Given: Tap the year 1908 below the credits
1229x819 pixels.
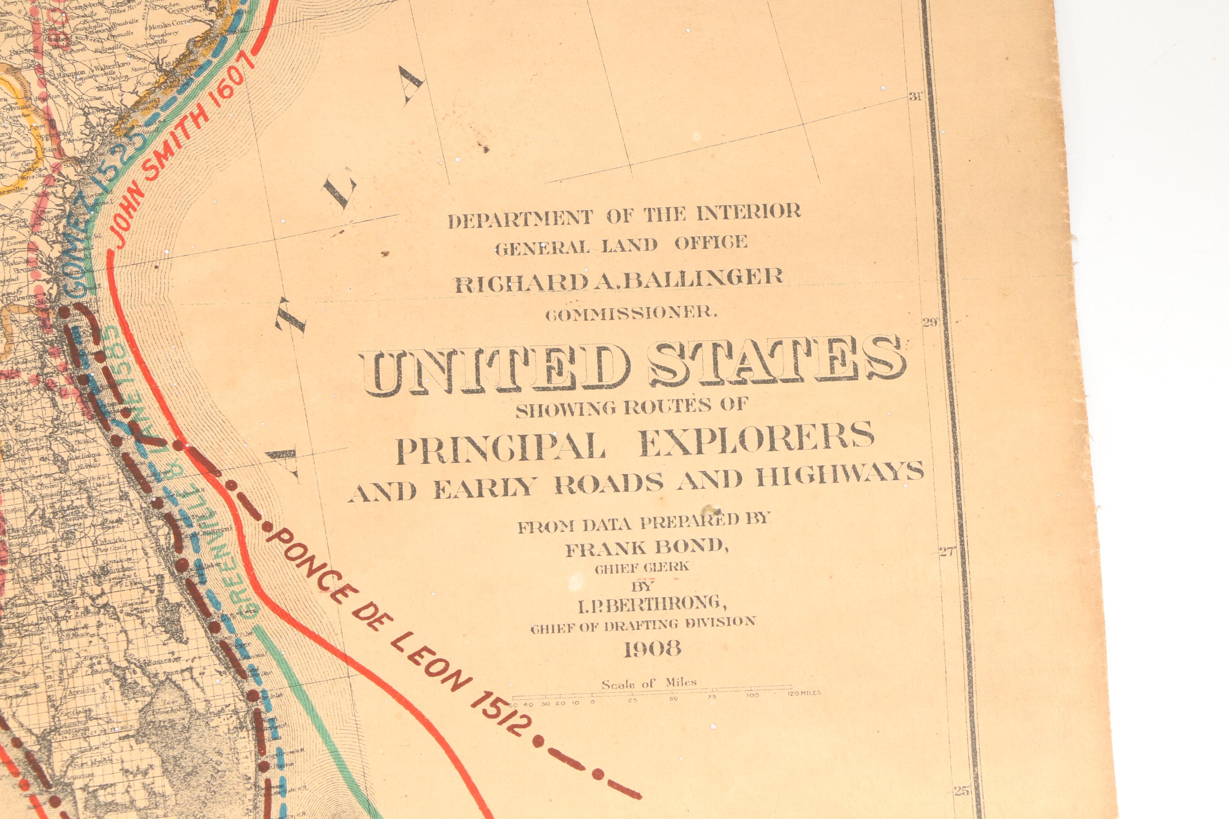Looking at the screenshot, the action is tap(652, 649).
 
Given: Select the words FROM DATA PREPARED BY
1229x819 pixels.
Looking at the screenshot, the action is tap(644, 522).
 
